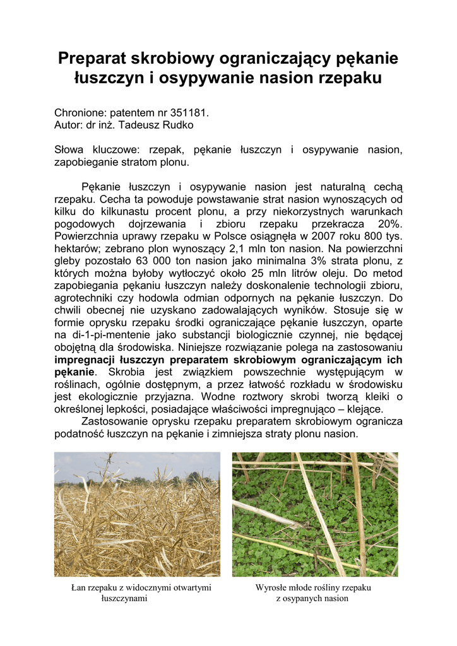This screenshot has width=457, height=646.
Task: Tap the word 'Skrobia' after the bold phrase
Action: [x=128, y=372]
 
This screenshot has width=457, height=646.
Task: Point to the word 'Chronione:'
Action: [x=80, y=113]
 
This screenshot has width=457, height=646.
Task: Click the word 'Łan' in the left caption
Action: [x=78, y=587]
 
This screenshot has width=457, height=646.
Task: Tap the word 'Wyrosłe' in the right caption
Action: [x=271, y=587]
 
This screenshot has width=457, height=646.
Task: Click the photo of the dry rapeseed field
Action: [x=137, y=514]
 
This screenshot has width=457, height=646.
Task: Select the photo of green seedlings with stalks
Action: [x=315, y=514]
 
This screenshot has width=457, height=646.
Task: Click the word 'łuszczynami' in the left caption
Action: [x=124, y=598]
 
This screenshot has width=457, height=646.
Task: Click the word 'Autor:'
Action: [x=68, y=125]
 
